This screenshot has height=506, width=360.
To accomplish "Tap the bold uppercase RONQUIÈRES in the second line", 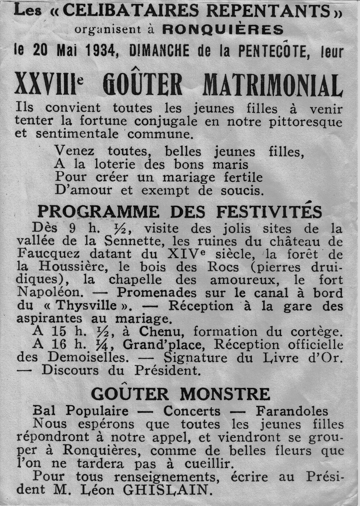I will click(222, 30).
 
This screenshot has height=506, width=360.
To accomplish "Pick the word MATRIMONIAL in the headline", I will click(272, 86).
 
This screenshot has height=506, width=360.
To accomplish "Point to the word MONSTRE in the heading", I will click(225, 394).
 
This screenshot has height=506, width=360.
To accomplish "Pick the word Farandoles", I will click(292, 411).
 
